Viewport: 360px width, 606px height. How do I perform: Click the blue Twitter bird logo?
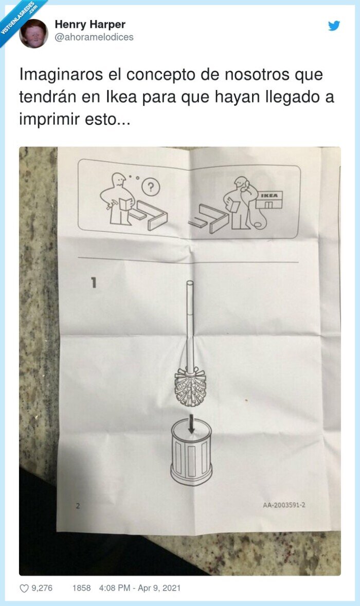pos(334,26)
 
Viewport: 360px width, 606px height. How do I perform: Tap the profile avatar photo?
pos(33,34)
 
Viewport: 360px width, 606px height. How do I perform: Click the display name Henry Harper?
pos(89,24)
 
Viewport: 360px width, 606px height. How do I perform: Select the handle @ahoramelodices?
pos(94,37)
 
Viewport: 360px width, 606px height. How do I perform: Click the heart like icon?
pos(24,588)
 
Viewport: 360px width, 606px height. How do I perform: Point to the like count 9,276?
pos(42,588)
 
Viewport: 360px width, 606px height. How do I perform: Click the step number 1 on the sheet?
pos(94,282)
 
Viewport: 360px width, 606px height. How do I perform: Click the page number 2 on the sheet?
pos(78,506)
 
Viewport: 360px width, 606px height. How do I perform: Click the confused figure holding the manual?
pos(117,198)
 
